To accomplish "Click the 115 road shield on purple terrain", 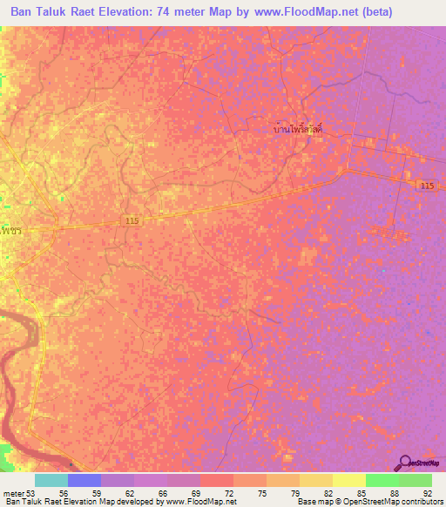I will [426, 186].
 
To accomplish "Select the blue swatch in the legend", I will [84, 480].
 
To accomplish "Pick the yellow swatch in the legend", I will [315, 480].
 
